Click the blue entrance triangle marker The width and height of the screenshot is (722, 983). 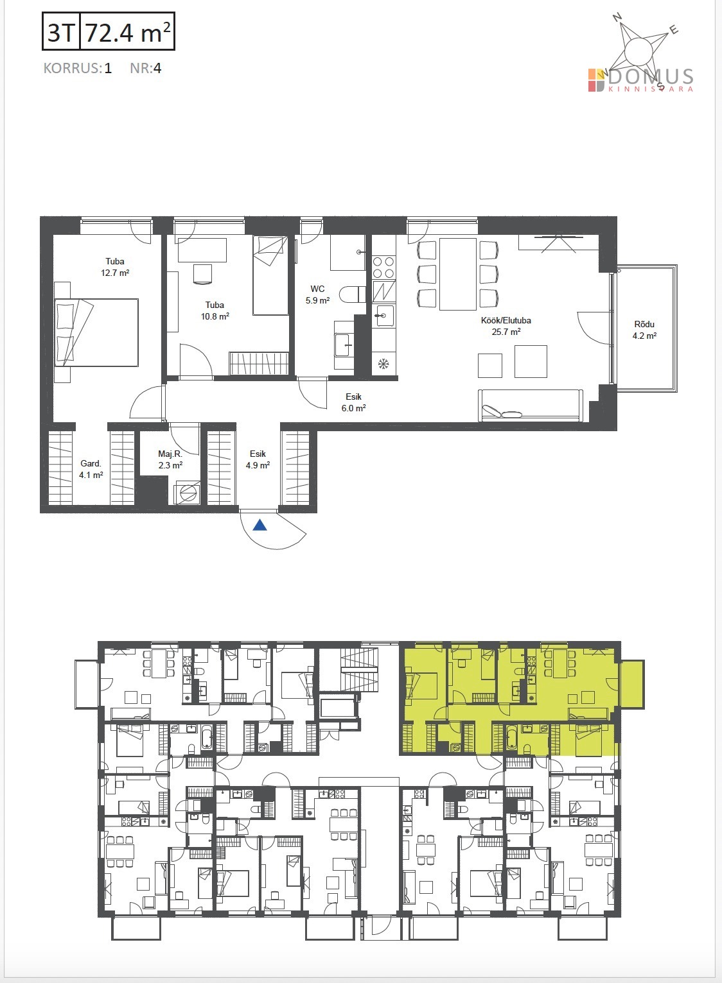(x=261, y=525)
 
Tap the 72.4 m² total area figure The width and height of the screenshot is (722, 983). (x=127, y=32)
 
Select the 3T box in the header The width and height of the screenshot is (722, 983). (x=61, y=31)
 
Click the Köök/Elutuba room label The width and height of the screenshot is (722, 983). (x=506, y=326)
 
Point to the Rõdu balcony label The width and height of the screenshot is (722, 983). (x=644, y=330)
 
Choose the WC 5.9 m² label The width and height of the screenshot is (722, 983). (x=317, y=295)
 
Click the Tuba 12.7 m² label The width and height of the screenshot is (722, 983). (x=115, y=267)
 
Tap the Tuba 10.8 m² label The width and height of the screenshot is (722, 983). (x=215, y=311)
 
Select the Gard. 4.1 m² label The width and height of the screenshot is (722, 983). (x=91, y=468)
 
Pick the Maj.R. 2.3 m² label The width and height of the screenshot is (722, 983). (x=170, y=459)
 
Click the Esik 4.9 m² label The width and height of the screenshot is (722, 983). (x=258, y=459)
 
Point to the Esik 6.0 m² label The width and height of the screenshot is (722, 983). (x=354, y=402)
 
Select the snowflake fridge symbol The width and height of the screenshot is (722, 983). (x=383, y=363)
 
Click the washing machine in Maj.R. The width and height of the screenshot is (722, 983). (x=187, y=493)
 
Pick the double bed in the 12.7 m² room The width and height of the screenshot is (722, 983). (x=96, y=332)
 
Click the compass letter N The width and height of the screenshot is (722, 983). (x=617, y=17)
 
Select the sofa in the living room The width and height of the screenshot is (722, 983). (x=531, y=405)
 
